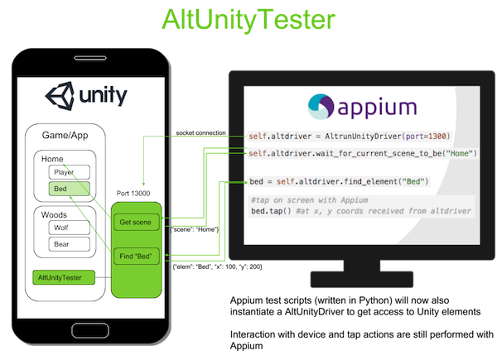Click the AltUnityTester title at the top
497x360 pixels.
pyautogui.click(x=248, y=20)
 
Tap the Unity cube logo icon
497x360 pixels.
pyautogui.click(x=60, y=96)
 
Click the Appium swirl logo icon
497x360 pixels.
pyautogui.click(x=321, y=107)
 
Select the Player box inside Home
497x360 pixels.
pyautogui.click(x=69, y=172)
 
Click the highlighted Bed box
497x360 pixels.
pyautogui.click(x=69, y=189)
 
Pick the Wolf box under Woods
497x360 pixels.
pyautogui.click(x=69, y=228)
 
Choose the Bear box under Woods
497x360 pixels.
pyautogui.click(x=69, y=244)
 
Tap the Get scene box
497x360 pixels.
pyautogui.click(x=137, y=223)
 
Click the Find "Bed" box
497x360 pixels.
pyautogui.click(x=137, y=257)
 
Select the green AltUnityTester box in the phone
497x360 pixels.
pyautogui.click(x=64, y=277)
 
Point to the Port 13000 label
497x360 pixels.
pyautogui.click(x=133, y=193)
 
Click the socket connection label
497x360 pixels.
pyautogui.click(x=201, y=132)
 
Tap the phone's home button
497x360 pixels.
pyautogui.click(x=90, y=331)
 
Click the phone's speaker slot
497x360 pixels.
pyautogui.click(x=90, y=58)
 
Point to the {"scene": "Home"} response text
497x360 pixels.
pyautogui.click(x=195, y=229)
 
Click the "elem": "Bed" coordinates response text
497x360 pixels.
pyautogui.click(x=217, y=266)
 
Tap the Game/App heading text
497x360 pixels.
pyautogui.click(x=65, y=136)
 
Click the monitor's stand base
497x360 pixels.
pyautogui.click(x=362, y=279)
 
